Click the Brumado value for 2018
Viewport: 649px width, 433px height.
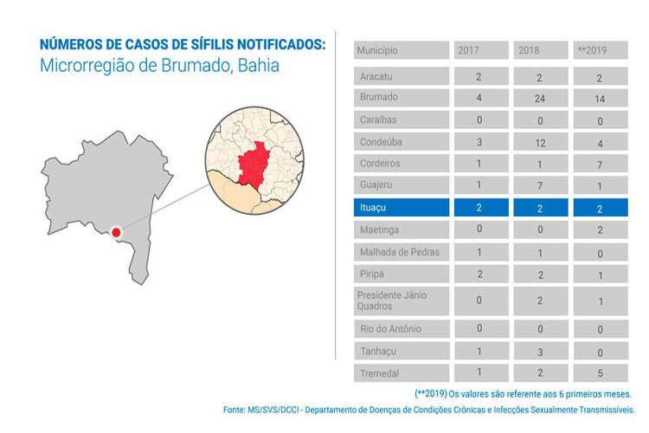tap(540, 98)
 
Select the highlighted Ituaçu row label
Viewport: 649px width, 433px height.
tap(401, 208)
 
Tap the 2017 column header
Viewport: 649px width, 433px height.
tap(479, 51)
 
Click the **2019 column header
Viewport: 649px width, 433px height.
tap(600, 51)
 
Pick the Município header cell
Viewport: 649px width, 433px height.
tap(401, 51)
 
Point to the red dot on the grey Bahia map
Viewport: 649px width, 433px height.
tap(116, 232)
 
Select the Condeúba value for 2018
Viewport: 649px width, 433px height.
tap(540, 141)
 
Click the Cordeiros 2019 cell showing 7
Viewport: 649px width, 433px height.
tap(600, 164)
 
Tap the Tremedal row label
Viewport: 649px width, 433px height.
tap(401, 373)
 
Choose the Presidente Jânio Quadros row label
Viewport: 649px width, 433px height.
tap(401, 301)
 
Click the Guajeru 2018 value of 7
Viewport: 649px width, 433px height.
tap(540, 185)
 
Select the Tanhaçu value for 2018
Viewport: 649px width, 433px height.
tap(540, 352)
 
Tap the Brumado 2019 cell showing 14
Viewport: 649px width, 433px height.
tap(600, 98)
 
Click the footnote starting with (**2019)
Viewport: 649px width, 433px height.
tap(523, 393)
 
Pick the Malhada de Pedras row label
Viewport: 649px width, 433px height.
tap(401, 252)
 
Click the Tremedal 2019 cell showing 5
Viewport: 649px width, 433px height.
tap(600, 373)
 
